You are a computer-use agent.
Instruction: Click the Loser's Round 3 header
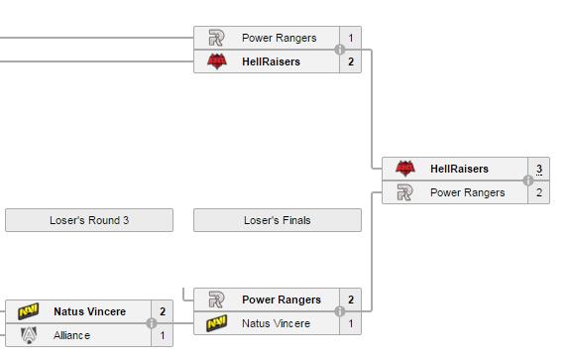pyautogui.click(x=89, y=220)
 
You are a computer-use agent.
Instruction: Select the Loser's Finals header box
pyautogui.click(x=278, y=220)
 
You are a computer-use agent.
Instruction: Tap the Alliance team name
pyautogui.click(x=71, y=335)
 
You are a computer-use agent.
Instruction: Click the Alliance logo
pyautogui.click(x=29, y=335)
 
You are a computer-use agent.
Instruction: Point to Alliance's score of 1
pyautogui.click(x=163, y=335)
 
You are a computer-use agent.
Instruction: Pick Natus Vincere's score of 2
pyautogui.click(x=163, y=311)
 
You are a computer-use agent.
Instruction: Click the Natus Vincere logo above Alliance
pyautogui.click(x=29, y=311)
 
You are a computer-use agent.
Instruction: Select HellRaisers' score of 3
pyautogui.click(x=539, y=169)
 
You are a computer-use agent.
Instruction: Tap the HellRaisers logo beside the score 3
pyautogui.click(x=405, y=168)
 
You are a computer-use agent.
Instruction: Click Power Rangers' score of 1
pyautogui.click(x=351, y=38)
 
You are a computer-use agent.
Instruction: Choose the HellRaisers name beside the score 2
pyautogui.click(x=272, y=61)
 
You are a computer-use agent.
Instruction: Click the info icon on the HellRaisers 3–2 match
pyautogui.click(x=528, y=180)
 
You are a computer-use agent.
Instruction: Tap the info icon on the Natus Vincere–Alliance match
pyautogui.click(x=152, y=323)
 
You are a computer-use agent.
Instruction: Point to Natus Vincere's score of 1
pyautogui.click(x=351, y=323)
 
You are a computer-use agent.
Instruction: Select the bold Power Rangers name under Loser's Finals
pyautogui.click(x=282, y=300)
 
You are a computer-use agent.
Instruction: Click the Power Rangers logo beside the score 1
pyautogui.click(x=216, y=38)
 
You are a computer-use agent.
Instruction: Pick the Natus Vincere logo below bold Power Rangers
pyautogui.click(x=217, y=323)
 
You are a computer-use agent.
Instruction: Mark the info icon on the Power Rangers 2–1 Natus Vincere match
pyautogui.click(x=340, y=311)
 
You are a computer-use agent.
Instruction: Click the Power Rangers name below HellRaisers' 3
pyautogui.click(x=468, y=192)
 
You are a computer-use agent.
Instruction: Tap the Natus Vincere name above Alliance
pyautogui.click(x=90, y=311)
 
